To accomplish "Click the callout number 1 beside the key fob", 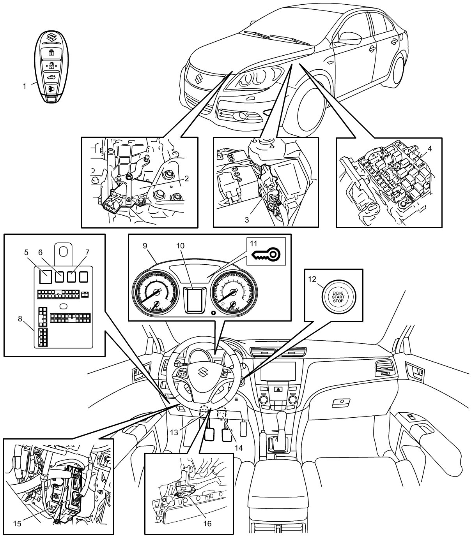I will click(25, 86).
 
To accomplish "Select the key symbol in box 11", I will click(266, 255).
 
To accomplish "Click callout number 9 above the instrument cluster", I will click(145, 246).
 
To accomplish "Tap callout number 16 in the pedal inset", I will click(207, 524).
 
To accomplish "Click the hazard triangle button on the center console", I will click(279, 389).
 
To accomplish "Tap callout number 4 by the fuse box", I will click(429, 148).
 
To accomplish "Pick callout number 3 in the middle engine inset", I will click(246, 219).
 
